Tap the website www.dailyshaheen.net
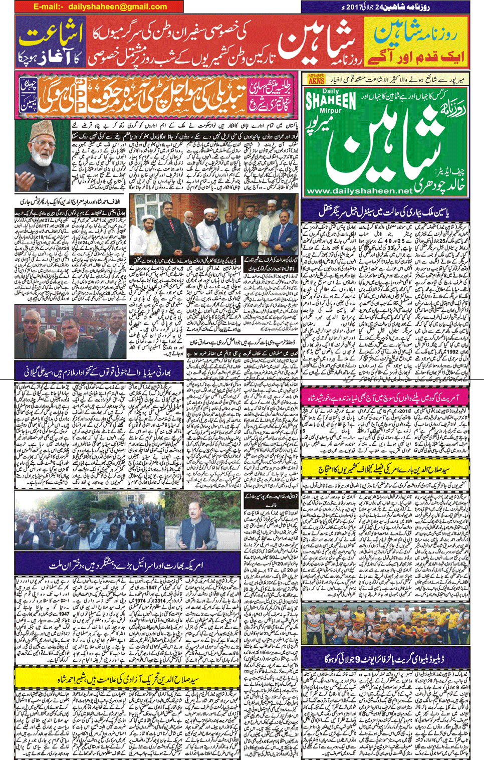pos(359,191)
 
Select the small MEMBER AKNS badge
pos(316,79)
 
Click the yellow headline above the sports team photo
pos(385,470)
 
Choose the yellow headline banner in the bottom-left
pos(128,679)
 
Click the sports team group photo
pos(385,624)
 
